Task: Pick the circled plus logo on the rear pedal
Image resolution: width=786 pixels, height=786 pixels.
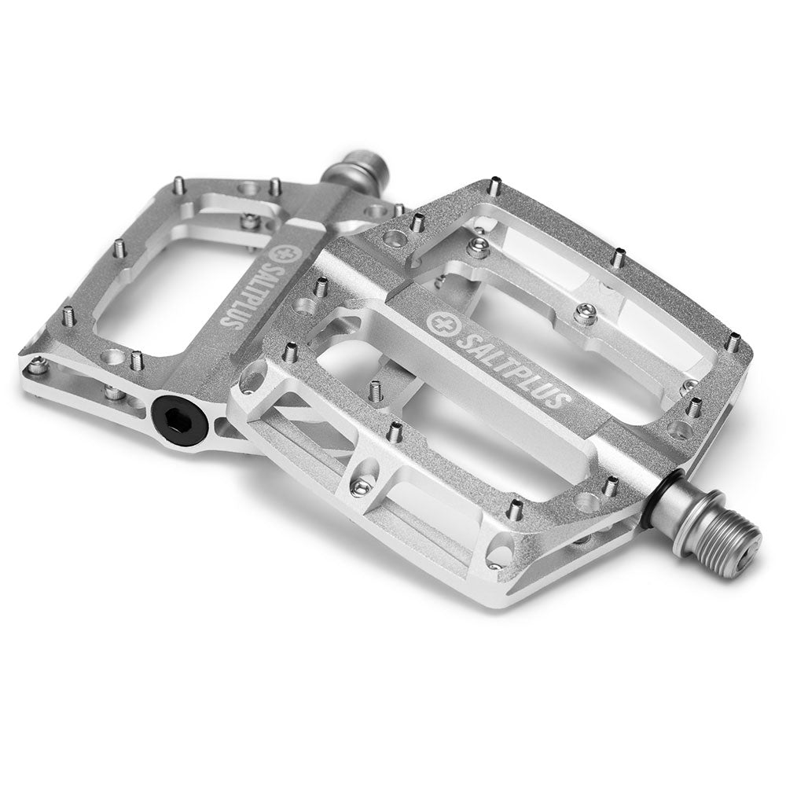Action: [x=278, y=250]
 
